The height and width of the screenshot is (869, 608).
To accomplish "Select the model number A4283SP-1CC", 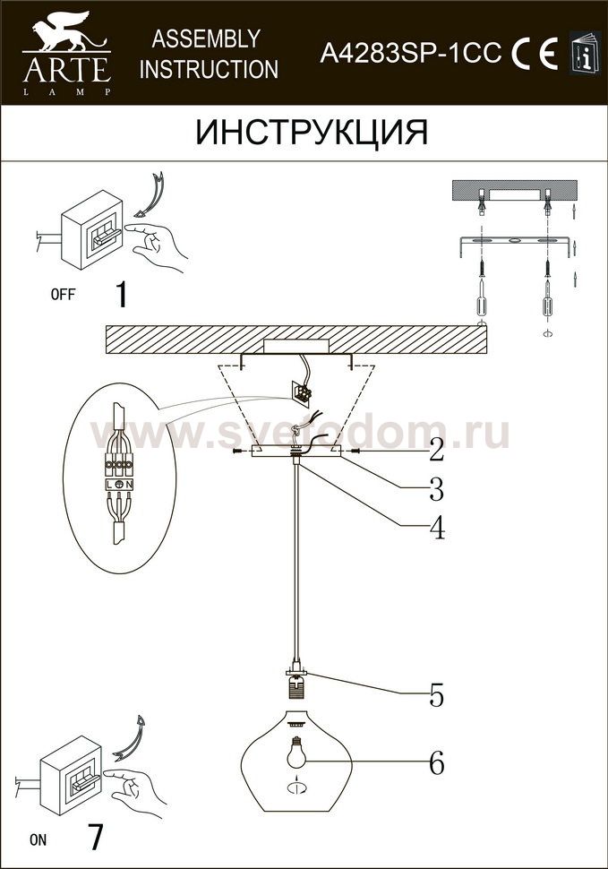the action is [x=411, y=53].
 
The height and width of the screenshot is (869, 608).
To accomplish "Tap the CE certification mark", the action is [x=535, y=53].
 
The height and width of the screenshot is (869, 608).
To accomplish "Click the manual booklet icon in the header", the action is [x=585, y=53].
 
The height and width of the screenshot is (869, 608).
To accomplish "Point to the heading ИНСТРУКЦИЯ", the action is [x=312, y=133].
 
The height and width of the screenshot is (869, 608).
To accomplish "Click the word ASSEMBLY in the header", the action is [x=206, y=39].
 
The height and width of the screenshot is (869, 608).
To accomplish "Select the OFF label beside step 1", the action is [x=63, y=294].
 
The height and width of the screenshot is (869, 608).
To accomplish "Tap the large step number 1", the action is [x=122, y=294].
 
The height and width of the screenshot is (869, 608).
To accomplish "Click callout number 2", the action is [x=437, y=450].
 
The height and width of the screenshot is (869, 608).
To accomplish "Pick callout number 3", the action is [x=437, y=488].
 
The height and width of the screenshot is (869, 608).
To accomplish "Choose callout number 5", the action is [x=437, y=695].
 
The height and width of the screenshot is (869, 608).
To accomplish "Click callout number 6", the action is [x=437, y=763].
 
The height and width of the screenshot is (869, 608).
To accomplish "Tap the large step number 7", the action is [x=96, y=838].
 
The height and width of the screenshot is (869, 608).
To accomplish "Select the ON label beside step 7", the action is [x=39, y=839].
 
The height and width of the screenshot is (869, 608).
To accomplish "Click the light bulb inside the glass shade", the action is [x=296, y=752].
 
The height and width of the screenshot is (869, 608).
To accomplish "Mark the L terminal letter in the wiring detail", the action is [x=110, y=485].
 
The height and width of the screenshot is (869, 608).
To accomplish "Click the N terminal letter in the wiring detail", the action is [x=128, y=485].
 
